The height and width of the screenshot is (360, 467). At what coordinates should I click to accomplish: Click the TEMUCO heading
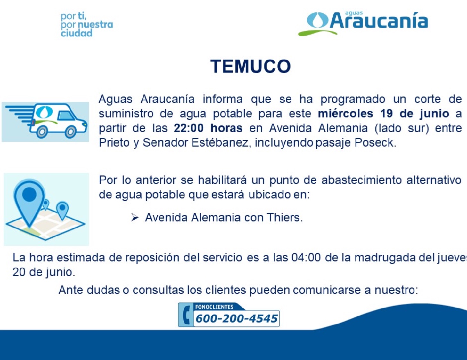point(250,67)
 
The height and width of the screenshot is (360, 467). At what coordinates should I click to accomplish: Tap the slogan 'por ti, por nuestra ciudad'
point(86,25)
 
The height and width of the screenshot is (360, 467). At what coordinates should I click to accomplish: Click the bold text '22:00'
point(189,128)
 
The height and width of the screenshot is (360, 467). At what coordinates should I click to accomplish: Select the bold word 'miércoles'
point(345,114)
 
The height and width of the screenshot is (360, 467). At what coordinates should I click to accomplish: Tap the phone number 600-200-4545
point(236,319)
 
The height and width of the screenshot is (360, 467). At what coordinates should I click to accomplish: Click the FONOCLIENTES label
point(214,307)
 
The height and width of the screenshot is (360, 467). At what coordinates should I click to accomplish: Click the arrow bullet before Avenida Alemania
point(135,218)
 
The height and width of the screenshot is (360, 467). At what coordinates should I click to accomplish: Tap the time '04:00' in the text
point(306,258)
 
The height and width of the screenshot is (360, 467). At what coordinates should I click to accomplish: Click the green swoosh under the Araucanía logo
point(317,33)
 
